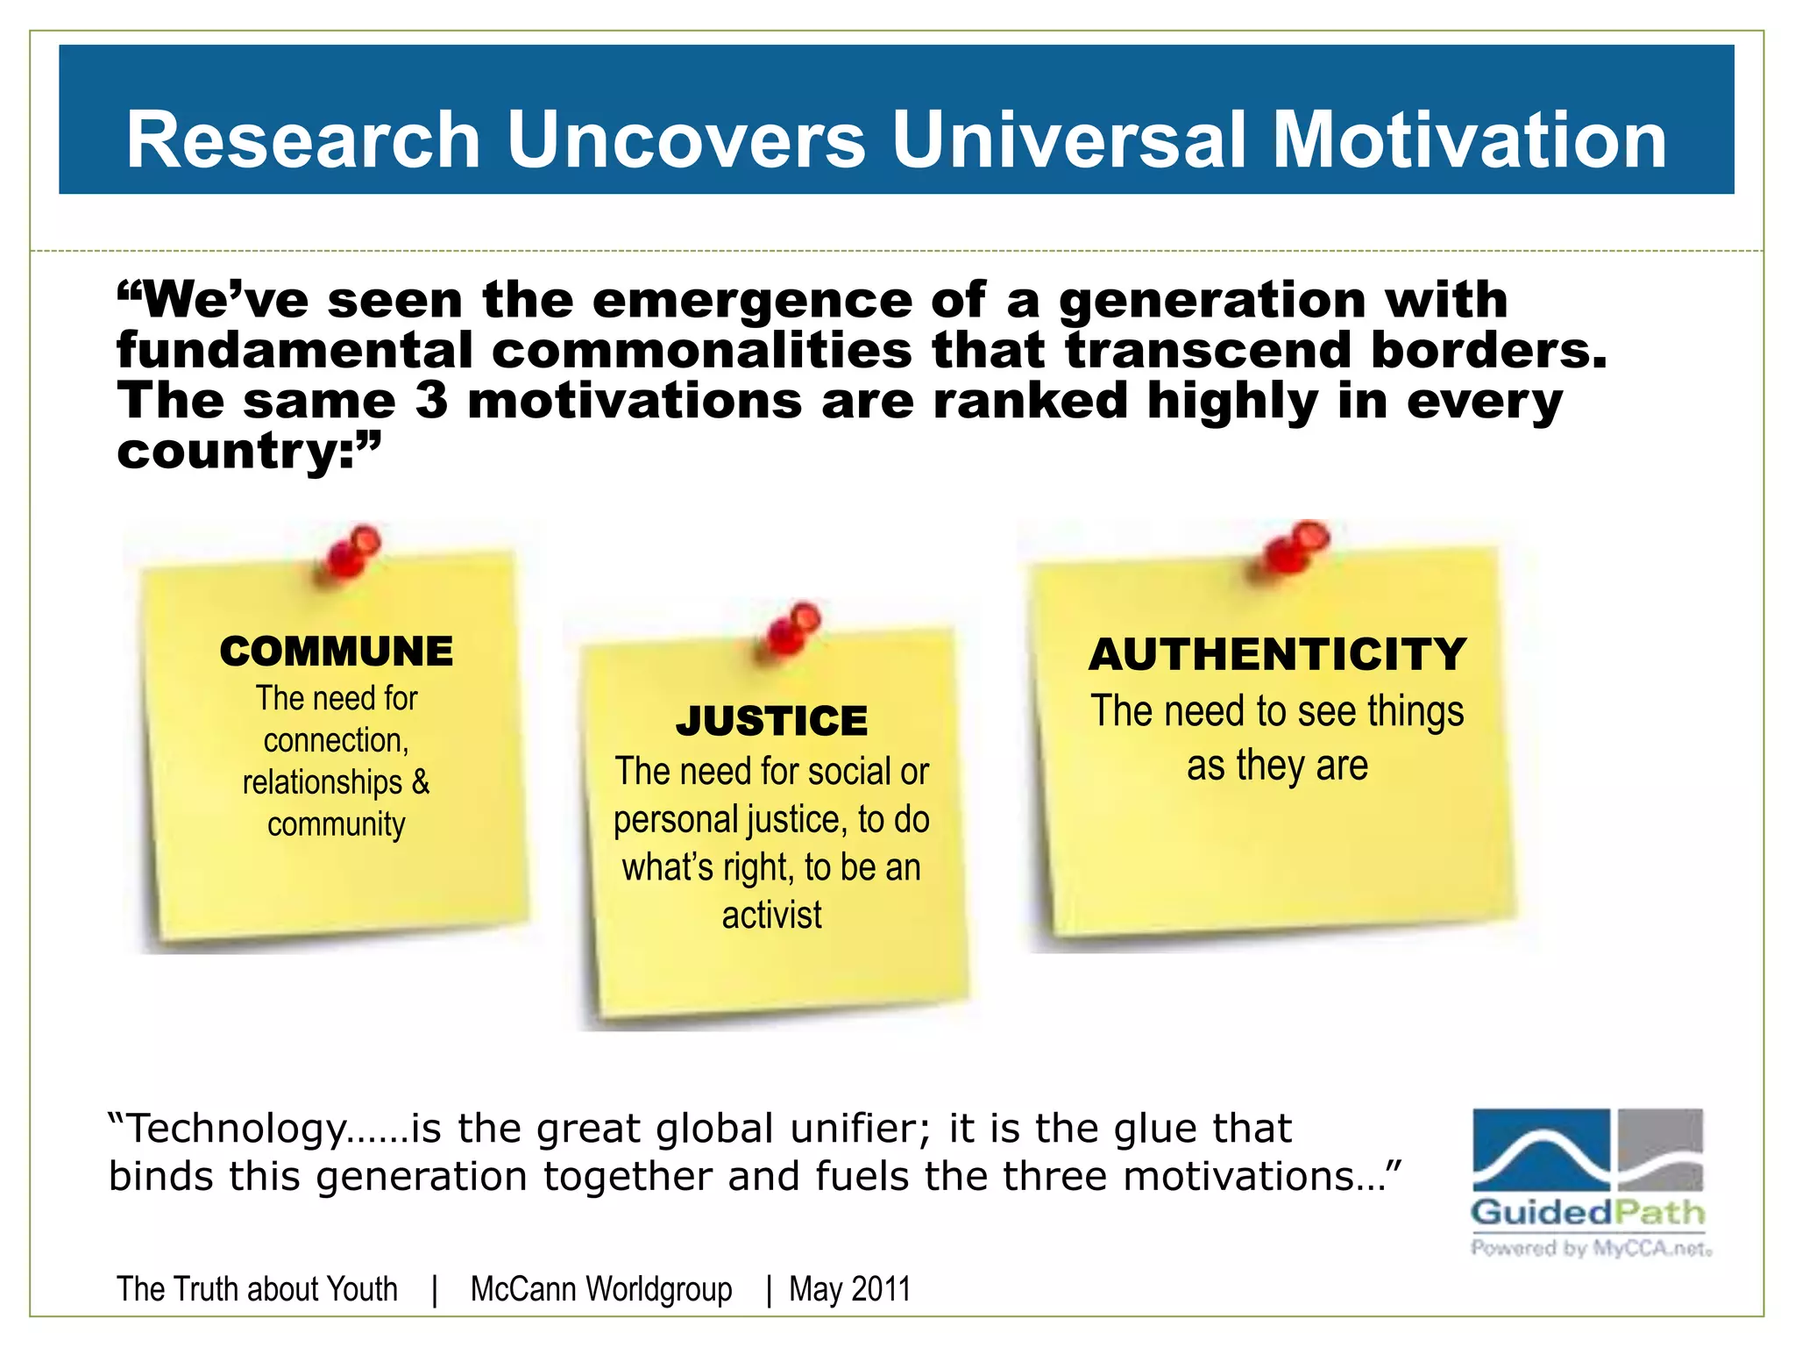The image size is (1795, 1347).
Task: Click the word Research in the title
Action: click(303, 139)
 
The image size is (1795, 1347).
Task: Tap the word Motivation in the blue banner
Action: click(1469, 139)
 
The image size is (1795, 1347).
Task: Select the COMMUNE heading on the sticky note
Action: click(337, 652)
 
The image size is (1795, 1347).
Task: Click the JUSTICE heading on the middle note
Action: click(771, 721)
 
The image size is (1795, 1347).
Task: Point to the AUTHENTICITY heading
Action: click(1277, 654)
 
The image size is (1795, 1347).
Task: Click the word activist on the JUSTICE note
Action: click(771, 915)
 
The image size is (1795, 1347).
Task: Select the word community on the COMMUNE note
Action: click(337, 824)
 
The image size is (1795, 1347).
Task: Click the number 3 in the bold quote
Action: click(430, 401)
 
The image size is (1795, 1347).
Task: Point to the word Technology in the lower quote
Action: click(237, 1130)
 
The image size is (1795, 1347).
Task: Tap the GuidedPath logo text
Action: click(1587, 1213)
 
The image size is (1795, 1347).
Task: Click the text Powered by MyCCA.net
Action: click(1590, 1248)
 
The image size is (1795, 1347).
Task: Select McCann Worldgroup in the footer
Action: click(601, 1289)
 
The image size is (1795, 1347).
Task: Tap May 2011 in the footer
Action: click(849, 1289)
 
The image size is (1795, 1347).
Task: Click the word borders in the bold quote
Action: click(1488, 351)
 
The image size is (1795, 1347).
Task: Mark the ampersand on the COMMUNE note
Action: click(420, 781)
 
